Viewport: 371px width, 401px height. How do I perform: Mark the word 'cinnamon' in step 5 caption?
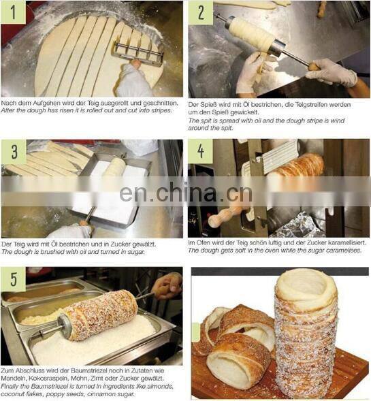pyautogui.click(x=102, y=394)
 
